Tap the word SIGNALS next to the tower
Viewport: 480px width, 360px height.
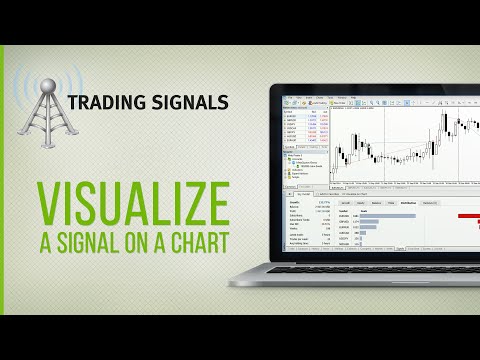point(191,101)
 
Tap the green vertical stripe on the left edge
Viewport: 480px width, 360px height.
point(3,180)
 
